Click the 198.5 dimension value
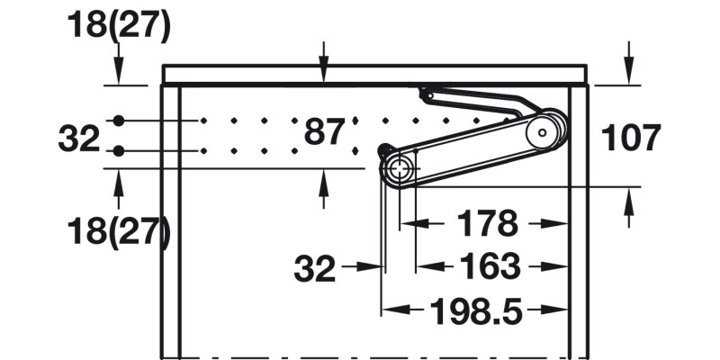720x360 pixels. click(474, 311)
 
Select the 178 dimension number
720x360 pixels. click(487, 222)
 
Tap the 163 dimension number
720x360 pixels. click(489, 266)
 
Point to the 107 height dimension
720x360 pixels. click(630, 138)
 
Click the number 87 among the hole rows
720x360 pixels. click(324, 132)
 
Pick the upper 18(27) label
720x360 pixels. click(118, 27)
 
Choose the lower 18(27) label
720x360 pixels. click(118, 231)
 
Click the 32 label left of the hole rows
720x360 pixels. click(78, 139)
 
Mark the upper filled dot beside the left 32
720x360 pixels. click(118, 121)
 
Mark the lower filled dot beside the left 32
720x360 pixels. click(118, 150)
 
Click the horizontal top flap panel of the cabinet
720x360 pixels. click(373, 74)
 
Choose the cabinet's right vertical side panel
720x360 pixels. click(579, 225)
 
